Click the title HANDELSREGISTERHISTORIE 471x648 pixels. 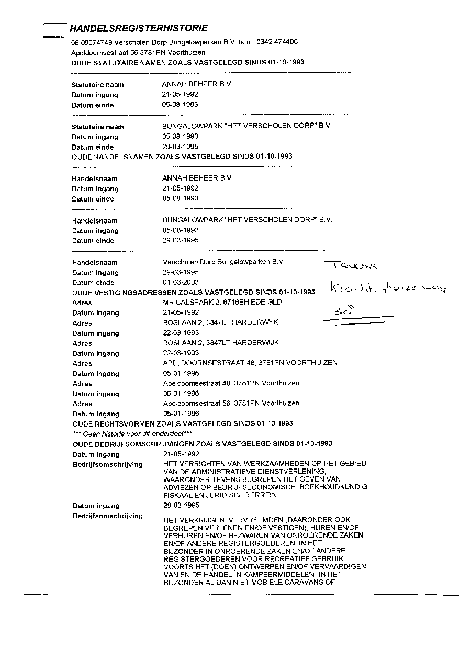coord(139,28)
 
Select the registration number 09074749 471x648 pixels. coord(97,42)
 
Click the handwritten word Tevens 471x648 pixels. coord(351,265)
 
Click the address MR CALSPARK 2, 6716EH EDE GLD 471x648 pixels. coord(222,303)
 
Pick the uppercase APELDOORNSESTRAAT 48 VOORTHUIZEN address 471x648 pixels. coord(250,363)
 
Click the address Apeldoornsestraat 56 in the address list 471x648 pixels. coord(231,404)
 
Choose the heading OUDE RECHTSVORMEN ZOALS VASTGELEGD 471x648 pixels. coord(182,423)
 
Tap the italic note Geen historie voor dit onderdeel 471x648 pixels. coord(132,434)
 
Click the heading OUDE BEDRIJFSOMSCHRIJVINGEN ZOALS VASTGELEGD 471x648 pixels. coord(202,444)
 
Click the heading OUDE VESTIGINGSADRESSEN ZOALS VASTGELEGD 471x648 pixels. coord(193,292)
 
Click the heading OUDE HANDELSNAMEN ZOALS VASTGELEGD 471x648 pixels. coord(182,157)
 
